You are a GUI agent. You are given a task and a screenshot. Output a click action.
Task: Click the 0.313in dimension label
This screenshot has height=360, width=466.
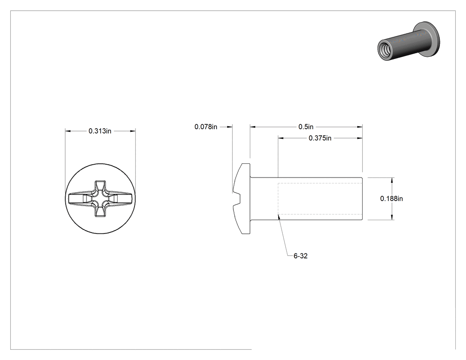tap(100, 131)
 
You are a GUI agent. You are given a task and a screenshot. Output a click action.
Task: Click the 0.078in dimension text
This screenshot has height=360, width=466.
tap(205, 127)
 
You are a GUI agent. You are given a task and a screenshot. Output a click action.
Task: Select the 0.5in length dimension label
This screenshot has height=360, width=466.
tap(306, 127)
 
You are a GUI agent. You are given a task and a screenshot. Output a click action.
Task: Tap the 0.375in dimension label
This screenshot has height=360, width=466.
tap(320, 138)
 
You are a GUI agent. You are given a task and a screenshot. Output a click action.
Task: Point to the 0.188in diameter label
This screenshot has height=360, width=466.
tap(391, 198)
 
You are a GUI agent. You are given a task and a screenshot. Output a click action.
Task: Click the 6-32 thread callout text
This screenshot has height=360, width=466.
tap(300, 256)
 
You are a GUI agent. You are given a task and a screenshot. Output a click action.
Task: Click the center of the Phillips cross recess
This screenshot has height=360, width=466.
tap(100, 198)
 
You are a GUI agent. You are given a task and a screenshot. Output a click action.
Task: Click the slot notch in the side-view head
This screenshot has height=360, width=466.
tap(237, 198)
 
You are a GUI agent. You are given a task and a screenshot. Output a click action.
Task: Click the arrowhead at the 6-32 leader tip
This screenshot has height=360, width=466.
tap(278, 217)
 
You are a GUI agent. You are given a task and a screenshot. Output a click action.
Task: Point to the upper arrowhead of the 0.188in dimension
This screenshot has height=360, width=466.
tap(392, 180)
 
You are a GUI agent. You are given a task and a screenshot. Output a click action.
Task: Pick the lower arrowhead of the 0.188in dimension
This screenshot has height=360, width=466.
tap(392, 217)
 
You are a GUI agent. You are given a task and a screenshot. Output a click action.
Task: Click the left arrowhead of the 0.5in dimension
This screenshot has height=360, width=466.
tap(253, 127)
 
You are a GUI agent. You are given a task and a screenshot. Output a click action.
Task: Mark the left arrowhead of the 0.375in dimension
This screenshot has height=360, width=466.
tap(281, 138)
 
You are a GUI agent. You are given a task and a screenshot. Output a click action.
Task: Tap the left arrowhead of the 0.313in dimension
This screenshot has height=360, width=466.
tap(68, 131)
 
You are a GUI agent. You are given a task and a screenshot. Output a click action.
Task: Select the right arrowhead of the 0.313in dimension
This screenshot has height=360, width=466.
tap(133, 131)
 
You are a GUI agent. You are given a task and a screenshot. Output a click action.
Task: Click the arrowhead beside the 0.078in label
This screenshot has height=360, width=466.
tap(229, 127)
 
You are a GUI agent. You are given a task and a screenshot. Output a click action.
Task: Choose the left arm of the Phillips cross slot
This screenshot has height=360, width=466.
tap(80, 198)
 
